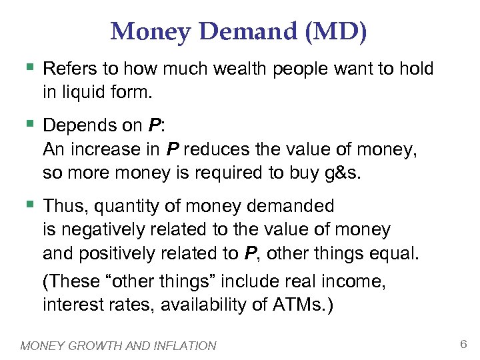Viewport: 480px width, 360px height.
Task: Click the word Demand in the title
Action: (x=246, y=31)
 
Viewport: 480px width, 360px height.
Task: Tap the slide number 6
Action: (x=463, y=343)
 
